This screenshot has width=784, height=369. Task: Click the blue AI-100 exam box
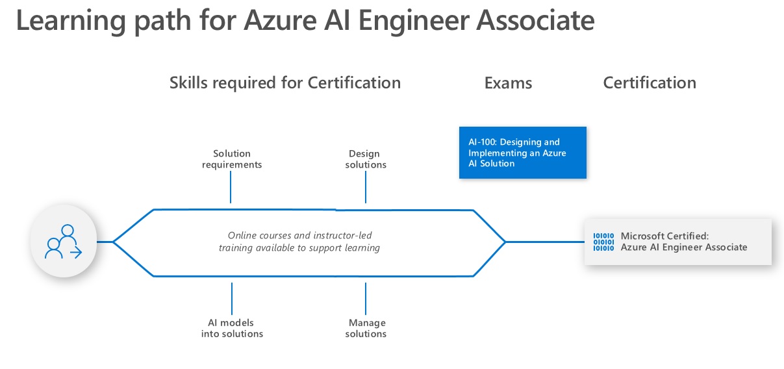[522, 153]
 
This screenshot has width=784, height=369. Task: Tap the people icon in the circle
[64, 242]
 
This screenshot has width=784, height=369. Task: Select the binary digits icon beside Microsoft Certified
[603, 242]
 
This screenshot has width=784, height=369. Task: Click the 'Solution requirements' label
[232, 159]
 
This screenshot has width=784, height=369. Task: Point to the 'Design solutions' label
[366, 159]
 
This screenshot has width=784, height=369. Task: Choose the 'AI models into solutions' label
[232, 328]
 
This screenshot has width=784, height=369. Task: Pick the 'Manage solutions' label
[366, 328]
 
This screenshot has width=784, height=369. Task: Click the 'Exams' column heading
[508, 83]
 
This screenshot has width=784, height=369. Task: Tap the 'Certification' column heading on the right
[650, 83]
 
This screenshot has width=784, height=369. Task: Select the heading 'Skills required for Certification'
[285, 83]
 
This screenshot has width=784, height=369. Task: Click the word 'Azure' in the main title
[281, 21]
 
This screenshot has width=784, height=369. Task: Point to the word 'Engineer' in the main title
[414, 21]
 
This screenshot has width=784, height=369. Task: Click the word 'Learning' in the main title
[71, 21]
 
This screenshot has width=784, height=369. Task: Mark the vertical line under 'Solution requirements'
[231, 187]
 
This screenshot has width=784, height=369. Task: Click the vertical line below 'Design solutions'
[366, 187]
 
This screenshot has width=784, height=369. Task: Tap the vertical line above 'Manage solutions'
[366, 299]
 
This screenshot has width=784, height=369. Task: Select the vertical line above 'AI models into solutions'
[232, 299]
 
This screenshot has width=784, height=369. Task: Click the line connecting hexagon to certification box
[545, 242]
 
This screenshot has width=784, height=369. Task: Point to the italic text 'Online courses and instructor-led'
[299, 235]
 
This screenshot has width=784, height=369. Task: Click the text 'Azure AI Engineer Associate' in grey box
[684, 248]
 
